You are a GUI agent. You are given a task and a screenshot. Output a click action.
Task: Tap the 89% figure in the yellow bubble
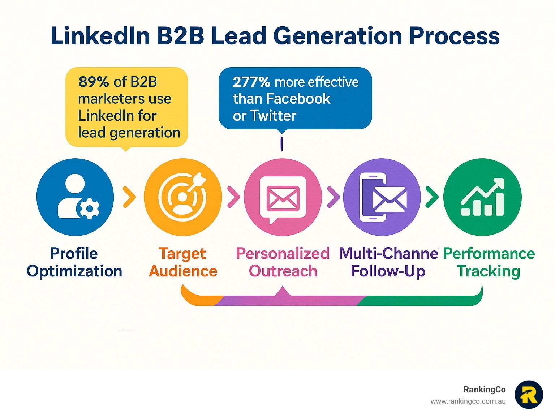pos(94,82)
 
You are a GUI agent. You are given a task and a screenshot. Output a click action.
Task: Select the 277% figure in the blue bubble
pos(251,82)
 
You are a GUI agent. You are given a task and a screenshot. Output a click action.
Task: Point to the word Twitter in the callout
pos(273,116)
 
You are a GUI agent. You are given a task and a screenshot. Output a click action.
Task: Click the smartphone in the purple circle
pos(373,198)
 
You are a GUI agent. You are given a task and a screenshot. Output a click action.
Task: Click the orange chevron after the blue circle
pos(129,197)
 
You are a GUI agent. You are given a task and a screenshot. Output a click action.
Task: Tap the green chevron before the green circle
pos(432,197)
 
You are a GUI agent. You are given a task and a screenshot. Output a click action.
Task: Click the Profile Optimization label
pos(74,262)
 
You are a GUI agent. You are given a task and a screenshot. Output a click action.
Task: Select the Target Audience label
pos(183,262)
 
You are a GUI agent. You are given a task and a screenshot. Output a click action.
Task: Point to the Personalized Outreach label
pos(283,262)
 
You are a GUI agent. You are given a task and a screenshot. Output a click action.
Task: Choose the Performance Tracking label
pos(489,262)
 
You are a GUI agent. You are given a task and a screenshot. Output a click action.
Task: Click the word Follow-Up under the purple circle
pos(388,271)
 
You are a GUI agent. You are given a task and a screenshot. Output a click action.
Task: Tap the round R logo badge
pos(529,395)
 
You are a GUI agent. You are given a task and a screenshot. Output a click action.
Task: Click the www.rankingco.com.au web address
pos(468,401)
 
